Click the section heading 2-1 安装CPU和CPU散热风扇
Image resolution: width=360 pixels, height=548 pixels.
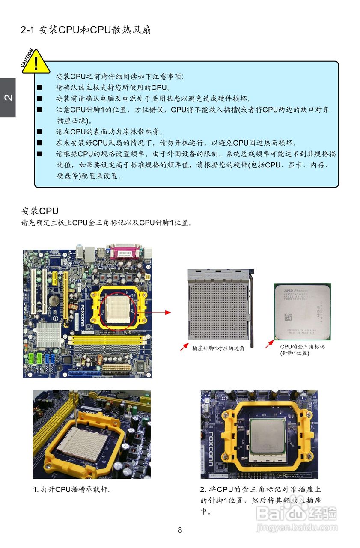pos(86,30)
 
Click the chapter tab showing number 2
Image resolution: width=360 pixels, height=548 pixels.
pos(8,98)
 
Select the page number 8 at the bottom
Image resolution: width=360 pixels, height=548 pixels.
pos(180,530)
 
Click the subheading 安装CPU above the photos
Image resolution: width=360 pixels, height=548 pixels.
pos(40,211)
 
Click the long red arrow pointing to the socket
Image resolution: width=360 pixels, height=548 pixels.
pos(161,312)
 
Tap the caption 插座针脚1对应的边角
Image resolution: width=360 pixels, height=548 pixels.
pos(218,348)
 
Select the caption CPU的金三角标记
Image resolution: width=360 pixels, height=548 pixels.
pos(302,347)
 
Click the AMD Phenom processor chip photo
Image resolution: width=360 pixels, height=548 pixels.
pos(302,312)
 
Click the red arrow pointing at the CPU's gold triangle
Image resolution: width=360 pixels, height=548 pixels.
pos(269,344)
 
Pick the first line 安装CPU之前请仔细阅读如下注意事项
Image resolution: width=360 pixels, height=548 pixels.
pos(120,77)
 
